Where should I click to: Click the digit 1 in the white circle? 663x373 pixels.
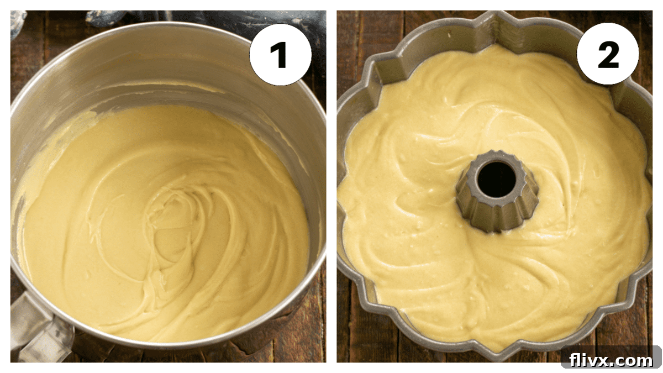point(280,54)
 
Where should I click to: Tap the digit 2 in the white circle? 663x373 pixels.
point(608,54)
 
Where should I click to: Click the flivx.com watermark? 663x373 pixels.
point(611,360)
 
